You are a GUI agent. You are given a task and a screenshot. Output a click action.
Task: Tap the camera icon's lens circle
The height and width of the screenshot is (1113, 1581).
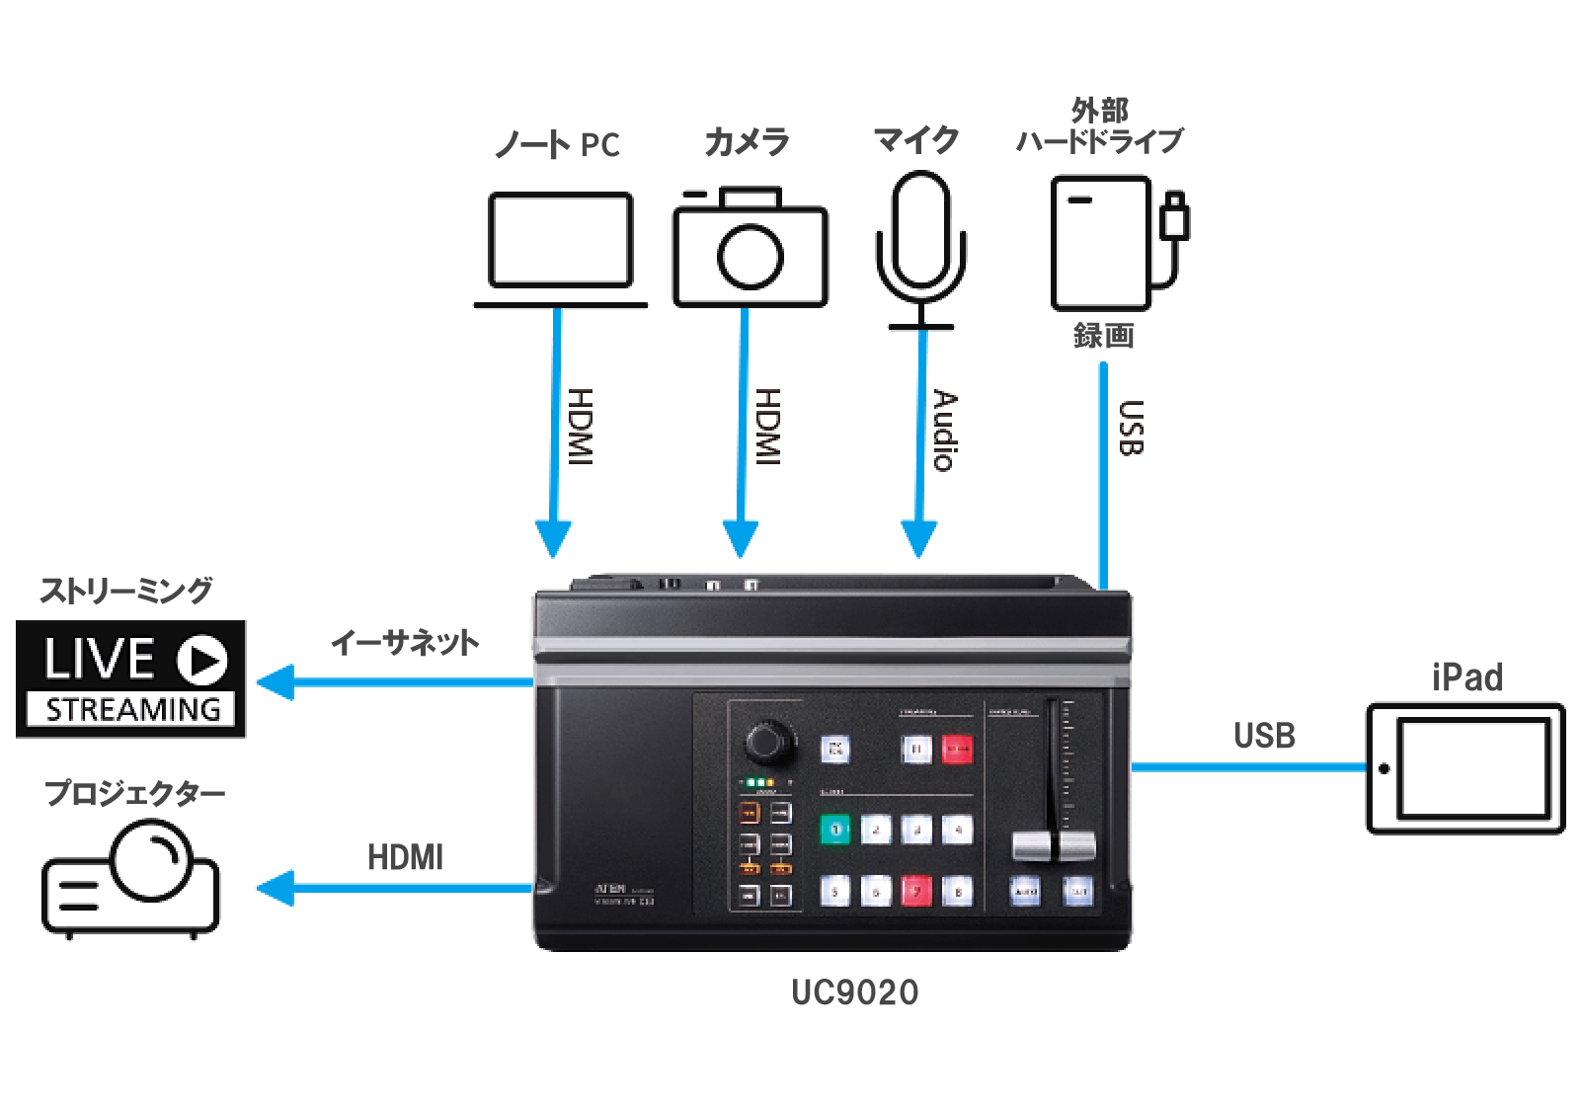point(750,257)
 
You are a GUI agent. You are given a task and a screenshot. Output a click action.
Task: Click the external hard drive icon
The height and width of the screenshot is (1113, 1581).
point(1102,243)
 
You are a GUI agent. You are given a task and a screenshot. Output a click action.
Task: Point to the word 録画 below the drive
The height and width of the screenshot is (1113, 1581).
point(1103,336)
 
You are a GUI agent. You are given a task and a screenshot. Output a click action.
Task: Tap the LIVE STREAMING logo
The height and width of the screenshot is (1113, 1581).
point(131,678)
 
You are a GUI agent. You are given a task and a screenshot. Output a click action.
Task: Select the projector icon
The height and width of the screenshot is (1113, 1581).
point(130,880)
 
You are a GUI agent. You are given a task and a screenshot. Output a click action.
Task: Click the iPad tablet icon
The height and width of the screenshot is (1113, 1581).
point(1465,767)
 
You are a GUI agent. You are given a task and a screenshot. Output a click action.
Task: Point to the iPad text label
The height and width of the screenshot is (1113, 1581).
point(1466,678)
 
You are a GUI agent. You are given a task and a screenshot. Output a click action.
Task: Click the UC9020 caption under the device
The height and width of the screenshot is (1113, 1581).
point(854,992)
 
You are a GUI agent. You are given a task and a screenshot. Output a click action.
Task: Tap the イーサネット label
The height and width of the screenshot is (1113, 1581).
point(404,643)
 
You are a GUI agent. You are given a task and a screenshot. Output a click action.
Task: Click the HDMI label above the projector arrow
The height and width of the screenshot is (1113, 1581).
point(405,856)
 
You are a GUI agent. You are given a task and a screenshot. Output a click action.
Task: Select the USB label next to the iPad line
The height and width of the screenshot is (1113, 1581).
point(1264,736)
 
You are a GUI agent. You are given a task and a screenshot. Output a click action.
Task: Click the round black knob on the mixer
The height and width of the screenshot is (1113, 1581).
point(769,742)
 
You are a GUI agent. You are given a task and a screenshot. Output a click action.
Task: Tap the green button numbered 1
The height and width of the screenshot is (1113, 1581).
point(835,830)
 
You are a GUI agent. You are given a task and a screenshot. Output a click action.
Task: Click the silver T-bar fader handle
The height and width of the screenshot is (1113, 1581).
point(1054,845)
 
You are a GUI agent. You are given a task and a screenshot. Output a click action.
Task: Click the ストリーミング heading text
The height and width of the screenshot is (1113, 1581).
point(125,591)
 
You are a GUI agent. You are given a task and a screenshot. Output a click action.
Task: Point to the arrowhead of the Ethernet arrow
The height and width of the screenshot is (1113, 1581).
point(275,682)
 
